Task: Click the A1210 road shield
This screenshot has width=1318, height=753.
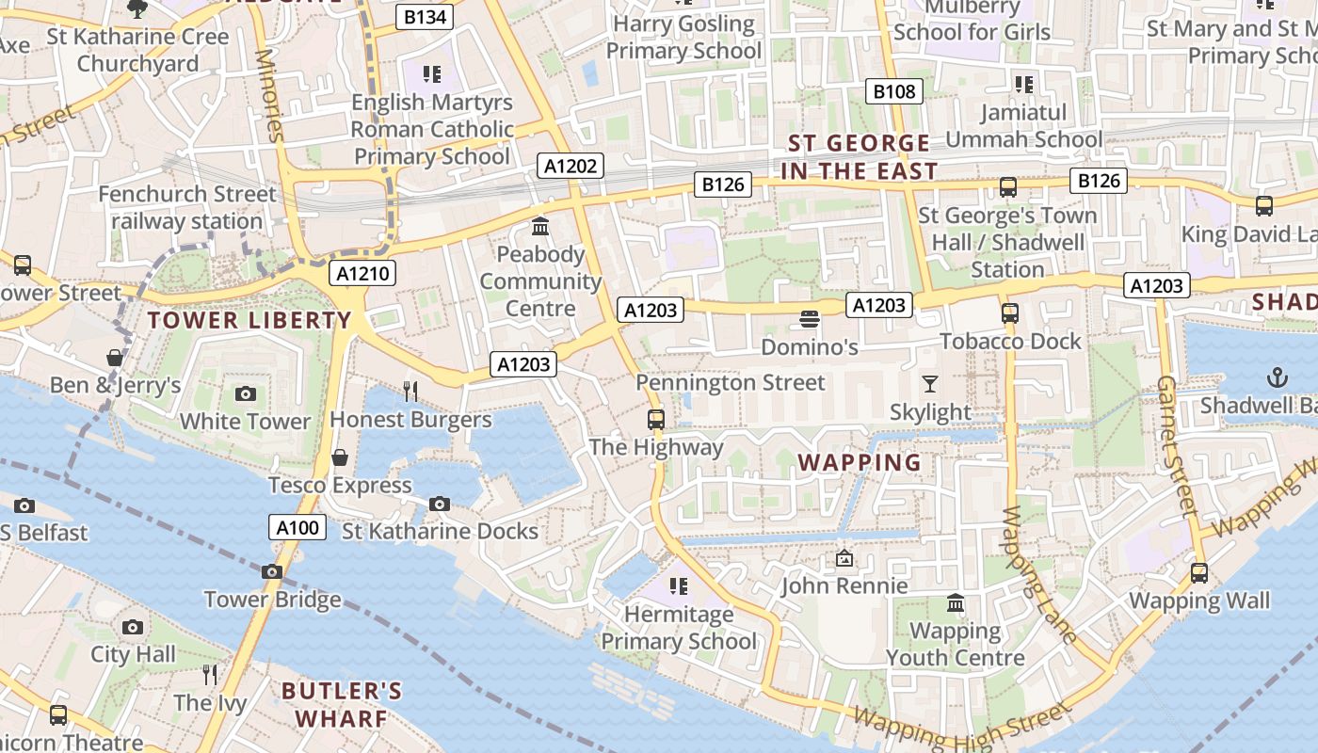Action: pyautogui.click(x=362, y=274)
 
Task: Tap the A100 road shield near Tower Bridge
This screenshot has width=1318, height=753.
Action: pyautogui.click(x=297, y=527)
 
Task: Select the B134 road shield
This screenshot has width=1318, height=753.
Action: pyautogui.click(x=425, y=16)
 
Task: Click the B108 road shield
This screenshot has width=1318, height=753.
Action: pyautogui.click(x=893, y=91)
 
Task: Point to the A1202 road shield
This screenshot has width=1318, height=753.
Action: pyautogui.click(x=571, y=167)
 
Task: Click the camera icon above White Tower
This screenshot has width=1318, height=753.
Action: pyautogui.click(x=246, y=393)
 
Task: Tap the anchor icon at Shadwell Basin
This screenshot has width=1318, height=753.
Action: pyautogui.click(x=1277, y=377)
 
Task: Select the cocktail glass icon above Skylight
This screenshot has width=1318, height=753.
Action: pyautogui.click(x=930, y=383)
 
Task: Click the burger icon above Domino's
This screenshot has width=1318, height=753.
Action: pyautogui.click(x=809, y=319)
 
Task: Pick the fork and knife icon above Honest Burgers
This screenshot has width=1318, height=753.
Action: pyautogui.click(x=410, y=391)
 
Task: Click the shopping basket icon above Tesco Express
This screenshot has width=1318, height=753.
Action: pyautogui.click(x=340, y=457)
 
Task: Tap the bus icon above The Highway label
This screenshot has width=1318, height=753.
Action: pyautogui.click(x=656, y=419)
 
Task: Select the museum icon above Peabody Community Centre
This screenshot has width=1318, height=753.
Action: pyautogui.click(x=540, y=226)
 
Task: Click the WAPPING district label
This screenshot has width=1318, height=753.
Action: pyautogui.click(x=860, y=462)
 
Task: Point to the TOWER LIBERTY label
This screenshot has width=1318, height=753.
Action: pyautogui.click(x=249, y=320)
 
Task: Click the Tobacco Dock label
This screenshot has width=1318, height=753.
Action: pyautogui.click(x=1010, y=341)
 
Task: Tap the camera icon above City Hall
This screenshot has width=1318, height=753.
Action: pyautogui.click(x=133, y=627)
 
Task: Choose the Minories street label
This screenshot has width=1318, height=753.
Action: pyautogui.click(x=268, y=94)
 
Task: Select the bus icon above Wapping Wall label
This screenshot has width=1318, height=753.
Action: pyautogui.click(x=1198, y=572)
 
